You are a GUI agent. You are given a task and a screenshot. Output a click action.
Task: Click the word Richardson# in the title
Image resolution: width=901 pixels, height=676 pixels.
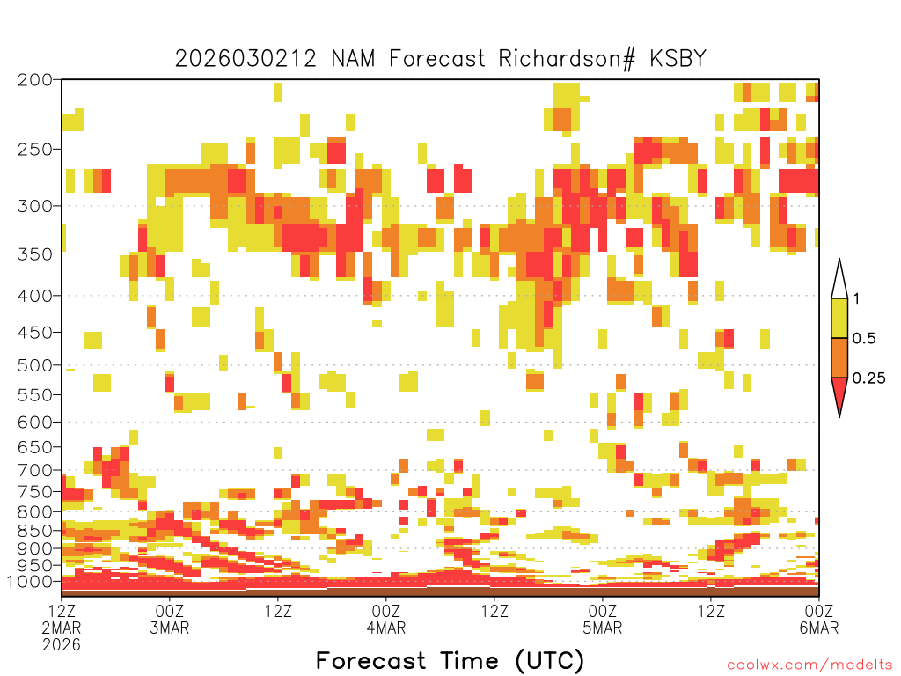click(567, 59)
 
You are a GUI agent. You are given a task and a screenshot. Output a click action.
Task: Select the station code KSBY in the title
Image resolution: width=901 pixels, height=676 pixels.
click(678, 59)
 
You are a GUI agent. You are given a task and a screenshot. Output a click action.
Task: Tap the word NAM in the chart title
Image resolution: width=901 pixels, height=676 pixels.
click(353, 59)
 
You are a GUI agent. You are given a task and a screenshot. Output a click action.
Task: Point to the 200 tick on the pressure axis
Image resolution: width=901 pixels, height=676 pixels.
click(35, 80)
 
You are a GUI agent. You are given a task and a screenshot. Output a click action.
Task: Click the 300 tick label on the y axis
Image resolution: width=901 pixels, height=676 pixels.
click(35, 206)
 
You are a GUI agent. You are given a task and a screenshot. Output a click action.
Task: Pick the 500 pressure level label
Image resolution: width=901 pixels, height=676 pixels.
click(35, 365)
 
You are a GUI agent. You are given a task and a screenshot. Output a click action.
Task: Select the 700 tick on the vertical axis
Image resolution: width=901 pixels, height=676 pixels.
click(35, 470)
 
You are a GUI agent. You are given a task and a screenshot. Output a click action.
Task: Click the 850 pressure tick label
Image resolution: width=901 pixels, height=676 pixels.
click(35, 531)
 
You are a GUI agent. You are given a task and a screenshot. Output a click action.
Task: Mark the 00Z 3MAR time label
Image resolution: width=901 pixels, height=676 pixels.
click(170, 619)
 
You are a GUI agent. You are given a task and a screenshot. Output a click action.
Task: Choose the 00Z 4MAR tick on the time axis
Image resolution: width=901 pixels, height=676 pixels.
click(386, 619)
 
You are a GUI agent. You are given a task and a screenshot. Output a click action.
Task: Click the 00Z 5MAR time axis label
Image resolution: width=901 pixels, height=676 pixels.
click(602, 619)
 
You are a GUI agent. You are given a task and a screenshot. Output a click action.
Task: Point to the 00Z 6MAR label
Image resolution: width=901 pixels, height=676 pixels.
click(819, 619)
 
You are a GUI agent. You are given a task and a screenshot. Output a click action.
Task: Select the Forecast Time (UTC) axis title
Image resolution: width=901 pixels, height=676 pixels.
click(450, 661)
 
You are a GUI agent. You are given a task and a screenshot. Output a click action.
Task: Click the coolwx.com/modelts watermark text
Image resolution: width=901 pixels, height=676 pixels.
click(809, 665)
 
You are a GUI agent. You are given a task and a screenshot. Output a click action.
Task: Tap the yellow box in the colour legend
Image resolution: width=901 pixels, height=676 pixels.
click(839, 318)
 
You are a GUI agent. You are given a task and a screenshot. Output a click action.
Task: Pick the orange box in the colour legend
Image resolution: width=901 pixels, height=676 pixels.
click(839, 357)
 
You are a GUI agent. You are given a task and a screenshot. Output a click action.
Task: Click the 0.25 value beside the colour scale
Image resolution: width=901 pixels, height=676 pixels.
click(868, 378)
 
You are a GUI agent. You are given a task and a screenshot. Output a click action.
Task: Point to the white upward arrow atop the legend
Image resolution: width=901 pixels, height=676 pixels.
click(839, 279)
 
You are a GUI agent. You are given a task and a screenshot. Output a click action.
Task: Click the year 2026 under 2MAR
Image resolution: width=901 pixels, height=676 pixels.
click(62, 645)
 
